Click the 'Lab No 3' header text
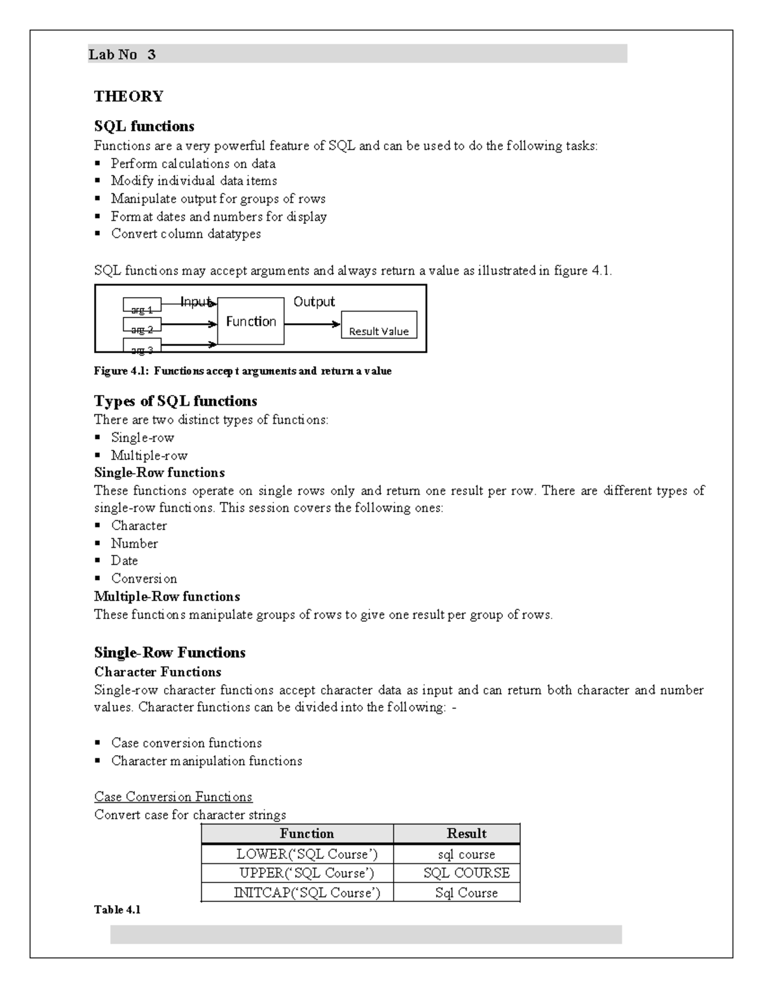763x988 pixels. pyautogui.click(x=122, y=55)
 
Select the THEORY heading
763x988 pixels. pyautogui.click(x=128, y=97)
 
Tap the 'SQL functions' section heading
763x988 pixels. pyautogui.click(x=144, y=126)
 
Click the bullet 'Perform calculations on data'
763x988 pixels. pyautogui.click(x=193, y=164)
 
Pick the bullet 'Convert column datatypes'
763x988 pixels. pyautogui.click(x=186, y=233)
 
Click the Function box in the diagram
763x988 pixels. pyautogui.click(x=251, y=321)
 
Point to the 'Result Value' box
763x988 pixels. pyautogui.click(x=379, y=325)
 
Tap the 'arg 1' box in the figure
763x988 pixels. pyautogui.click(x=142, y=305)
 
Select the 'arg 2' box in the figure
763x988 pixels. pyautogui.click(x=142, y=326)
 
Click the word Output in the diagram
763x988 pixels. pyautogui.click(x=313, y=302)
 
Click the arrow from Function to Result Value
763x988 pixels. pyautogui.click(x=312, y=324)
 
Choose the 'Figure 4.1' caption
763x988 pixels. pyautogui.click(x=242, y=371)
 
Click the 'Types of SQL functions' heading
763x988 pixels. pyautogui.click(x=175, y=401)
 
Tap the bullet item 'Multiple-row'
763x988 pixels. pyautogui.click(x=149, y=456)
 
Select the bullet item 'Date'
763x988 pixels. pyautogui.click(x=124, y=560)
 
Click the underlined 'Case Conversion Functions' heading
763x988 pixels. pyautogui.click(x=173, y=797)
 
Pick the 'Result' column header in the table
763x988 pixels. pyautogui.click(x=466, y=833)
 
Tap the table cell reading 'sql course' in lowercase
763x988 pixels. pyautogui.click(x=466, y=854)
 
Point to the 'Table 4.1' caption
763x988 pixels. pyautogui.click(x=117, y=910)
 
